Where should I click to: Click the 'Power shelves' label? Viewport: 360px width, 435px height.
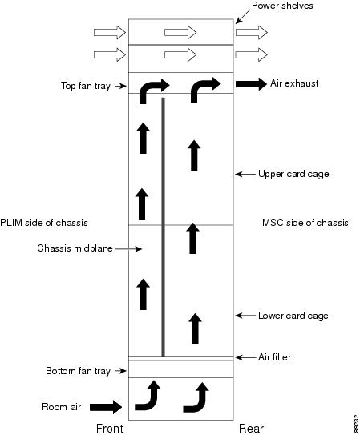pos(282,6)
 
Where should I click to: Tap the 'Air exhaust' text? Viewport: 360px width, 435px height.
pos(294,83)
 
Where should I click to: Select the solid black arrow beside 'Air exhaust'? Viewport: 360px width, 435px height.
pos(251,84)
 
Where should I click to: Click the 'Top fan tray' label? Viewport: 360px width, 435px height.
pos(86,86)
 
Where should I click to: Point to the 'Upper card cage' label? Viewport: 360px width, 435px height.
pos(293,174)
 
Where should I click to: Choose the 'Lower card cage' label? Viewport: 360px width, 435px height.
pos(293,316)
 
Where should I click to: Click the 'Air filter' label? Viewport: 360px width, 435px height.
pos(274,357)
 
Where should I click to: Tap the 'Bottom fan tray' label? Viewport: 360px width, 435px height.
pos(78,371)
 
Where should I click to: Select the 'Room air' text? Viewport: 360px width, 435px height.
pos(62,407)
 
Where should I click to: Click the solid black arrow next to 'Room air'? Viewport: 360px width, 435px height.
pos(106,407)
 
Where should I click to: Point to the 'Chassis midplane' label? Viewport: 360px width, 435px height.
pos(75,248)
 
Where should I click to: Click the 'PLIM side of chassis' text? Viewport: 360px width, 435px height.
pos(44,223)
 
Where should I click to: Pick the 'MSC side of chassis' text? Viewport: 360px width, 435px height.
pos(305,223)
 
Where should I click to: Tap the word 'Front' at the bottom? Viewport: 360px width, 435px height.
pos(110,429)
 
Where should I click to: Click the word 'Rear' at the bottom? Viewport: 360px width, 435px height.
pos(251,429)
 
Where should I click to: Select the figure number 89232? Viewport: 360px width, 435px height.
pos(356,423)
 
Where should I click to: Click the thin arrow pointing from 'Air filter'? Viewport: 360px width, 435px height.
pos(245,357)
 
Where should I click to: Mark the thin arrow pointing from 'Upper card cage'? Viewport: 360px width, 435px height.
pos(245,174)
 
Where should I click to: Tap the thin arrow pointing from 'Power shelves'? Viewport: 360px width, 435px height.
pos(243,16)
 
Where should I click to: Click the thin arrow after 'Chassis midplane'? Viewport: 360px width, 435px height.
pos(128,249)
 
